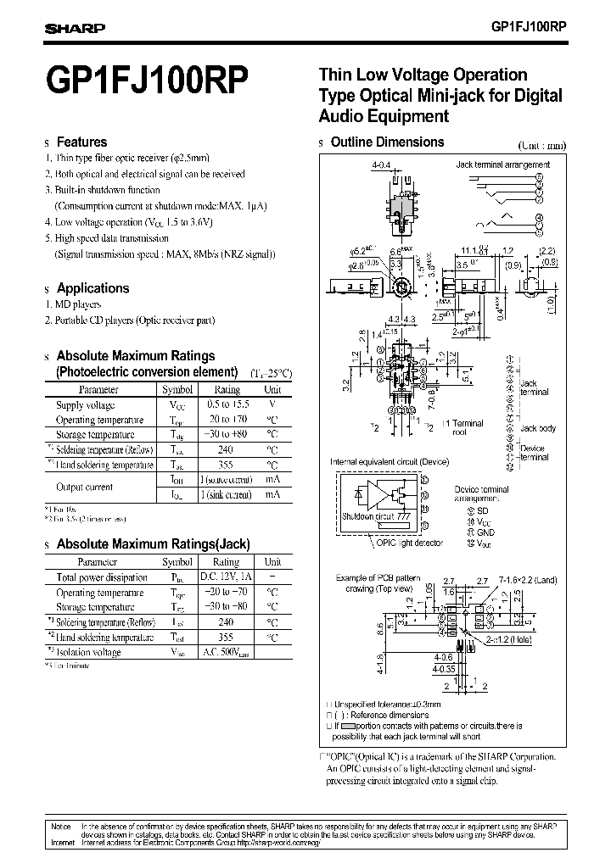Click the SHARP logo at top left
point(75,28)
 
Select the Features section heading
point(81,142)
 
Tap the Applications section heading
point(92,288)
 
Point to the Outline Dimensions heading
point(387,142)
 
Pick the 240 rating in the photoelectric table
point(226,450)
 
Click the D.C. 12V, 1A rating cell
point(226,577)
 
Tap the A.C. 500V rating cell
point(226,653)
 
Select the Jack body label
point(538,429)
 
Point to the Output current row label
point(85,487)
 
